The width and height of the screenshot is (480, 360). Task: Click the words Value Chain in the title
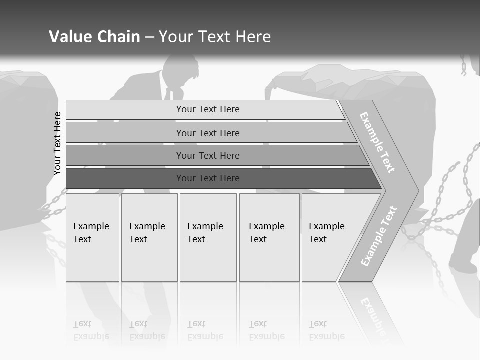(94, 37)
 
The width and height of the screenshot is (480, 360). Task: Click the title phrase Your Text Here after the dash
(215, 37)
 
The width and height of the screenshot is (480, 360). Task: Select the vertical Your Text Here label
(57, 144)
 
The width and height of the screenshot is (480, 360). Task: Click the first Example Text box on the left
(92, 237)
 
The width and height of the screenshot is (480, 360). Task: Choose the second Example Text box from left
(149, 237)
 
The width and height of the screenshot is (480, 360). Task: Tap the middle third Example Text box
(207, 237)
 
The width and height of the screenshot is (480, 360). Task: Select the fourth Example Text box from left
(269, 237)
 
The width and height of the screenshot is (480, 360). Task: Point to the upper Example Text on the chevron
(377, 142)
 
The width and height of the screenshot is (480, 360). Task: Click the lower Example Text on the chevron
(379, 236)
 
